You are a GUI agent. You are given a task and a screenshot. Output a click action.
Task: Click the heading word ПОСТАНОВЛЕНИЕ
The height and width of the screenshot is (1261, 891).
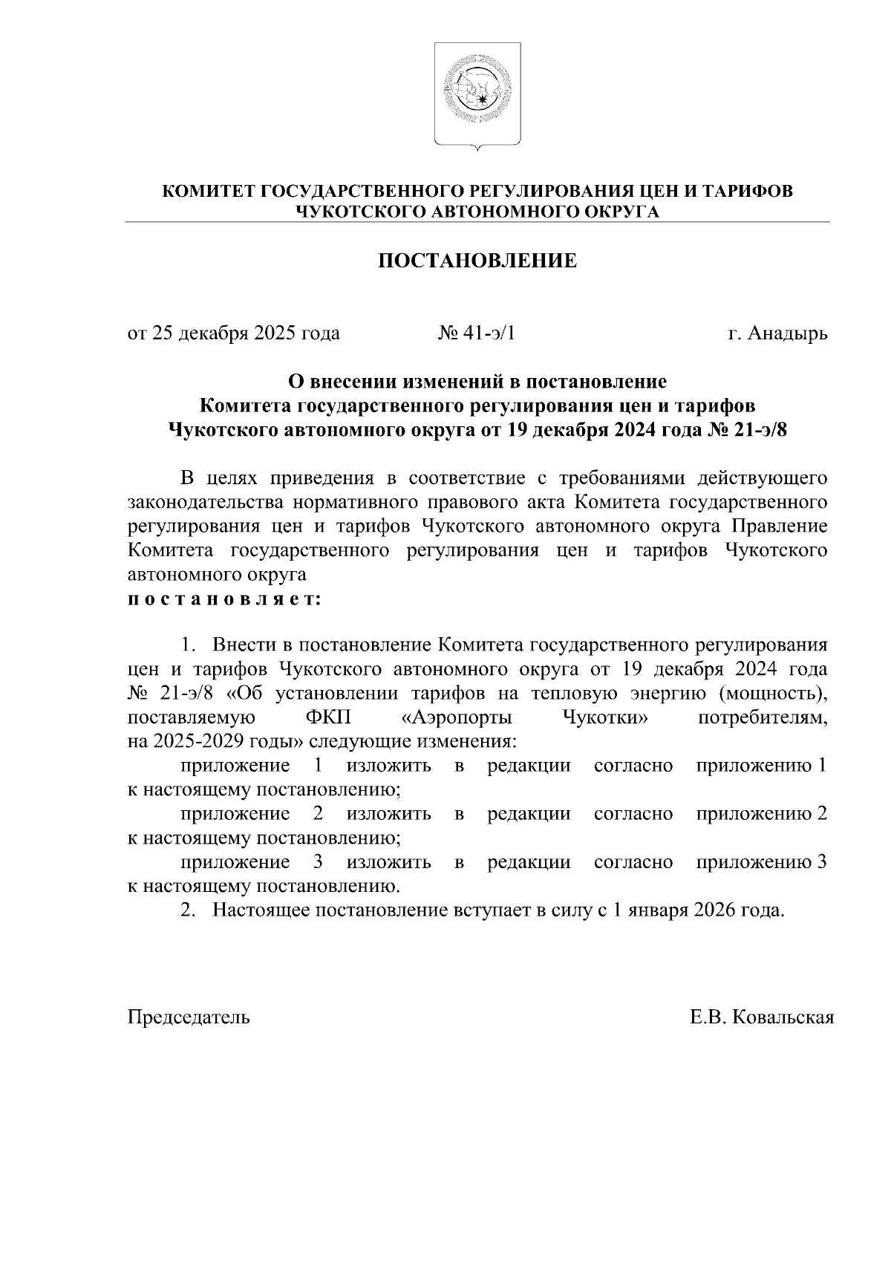pyautogui.click(x=477, y=261)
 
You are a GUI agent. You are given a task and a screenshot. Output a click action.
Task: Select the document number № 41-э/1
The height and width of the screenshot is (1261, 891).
pyautogui.click(x=477, y=333)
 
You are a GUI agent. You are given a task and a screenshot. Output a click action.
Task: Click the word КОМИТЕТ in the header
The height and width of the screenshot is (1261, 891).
pyautogui.click(x=209, y=192)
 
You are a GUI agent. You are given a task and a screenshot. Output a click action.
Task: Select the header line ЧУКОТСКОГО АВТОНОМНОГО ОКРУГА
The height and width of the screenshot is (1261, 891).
pyautogui.click(x=477, y=212)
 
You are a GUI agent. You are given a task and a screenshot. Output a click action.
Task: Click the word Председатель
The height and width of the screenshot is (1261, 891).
pyautogui.click(x=189, y=1017)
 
